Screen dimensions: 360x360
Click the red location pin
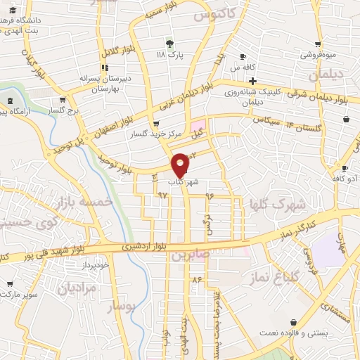click(x=181, y=165)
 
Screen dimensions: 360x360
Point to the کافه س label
click(x=242, y=67)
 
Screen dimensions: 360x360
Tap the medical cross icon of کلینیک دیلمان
click(x=252, y=82)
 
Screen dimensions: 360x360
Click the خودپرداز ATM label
click(x=94, y=265)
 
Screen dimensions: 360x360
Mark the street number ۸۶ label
click(x=196, y=280)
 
